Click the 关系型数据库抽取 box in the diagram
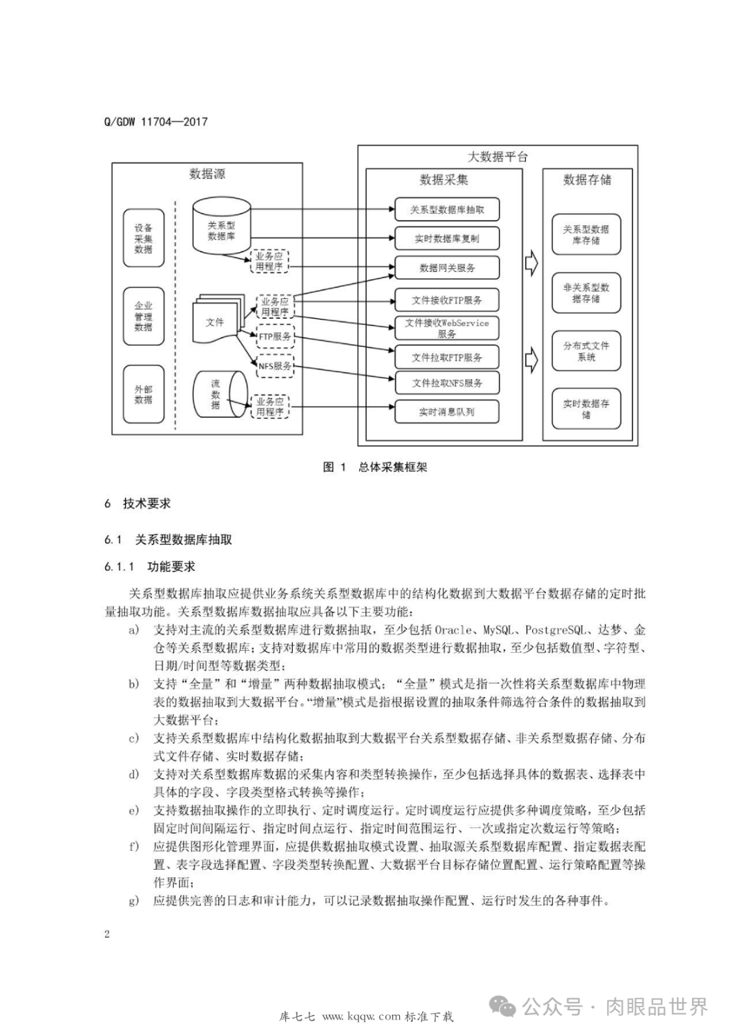pyautogui.click(x=447, y=210)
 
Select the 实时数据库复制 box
pyautogui.click(x=447, y=239)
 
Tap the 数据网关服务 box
pyautogui.click(x=447, y=268)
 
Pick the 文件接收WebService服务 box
pyautogui.click(x=447, y=328)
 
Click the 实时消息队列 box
pyautogui.click(x=447, y=412)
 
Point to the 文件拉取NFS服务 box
pyautogui.click(x=447, y=383)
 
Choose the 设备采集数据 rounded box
pyautogui.click(x=144, y=239)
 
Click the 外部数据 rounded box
pyautogui.click(x=144, y=395)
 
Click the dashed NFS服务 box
pyautogui.click(x=275, y=366)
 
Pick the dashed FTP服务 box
pyautogui.click(x=275, y=336)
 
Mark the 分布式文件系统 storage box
pyautogui.click(x=586, y=351)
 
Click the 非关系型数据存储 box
pyautogui.click(x=586, y=293)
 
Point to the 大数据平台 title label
pyautogui.click(x=497, y=157)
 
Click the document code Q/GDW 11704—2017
pyautogui.click(x=156, y=122)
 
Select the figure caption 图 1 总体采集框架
pyautogui.click(x=375, y=467)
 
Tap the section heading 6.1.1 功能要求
pyautogui.click(x=150, y=567)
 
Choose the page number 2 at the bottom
pyautogui.click(x=107, y=934)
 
